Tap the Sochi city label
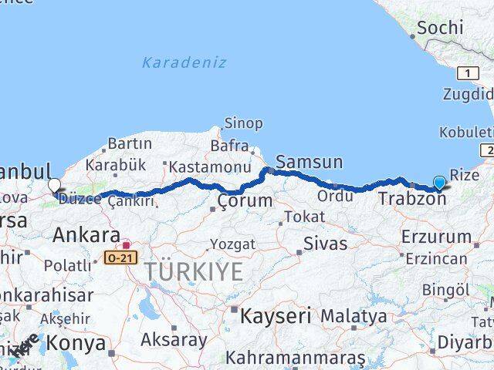click(x=439, y=28)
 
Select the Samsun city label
click(x=309, y=162)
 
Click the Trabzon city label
click(x=412, y=199)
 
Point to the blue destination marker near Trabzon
click(x=439, y=183)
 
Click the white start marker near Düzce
click(x=54, y=185)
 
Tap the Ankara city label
click(x=86, y=235)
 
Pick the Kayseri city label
click(x=276, y=315)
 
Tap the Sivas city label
click(x=324, y=244)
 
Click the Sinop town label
click(x=243, y=123)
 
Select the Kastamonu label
click(x=209, y=166)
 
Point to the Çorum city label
click(x=244, y=201)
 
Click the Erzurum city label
click(x=435, y=237)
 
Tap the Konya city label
click(x=75, y=342)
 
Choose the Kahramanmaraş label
click(x=295, y=358)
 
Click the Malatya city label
click(x=354, y=315)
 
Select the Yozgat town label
click(x=232, y=244)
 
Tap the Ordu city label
click(x=334, y=196)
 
